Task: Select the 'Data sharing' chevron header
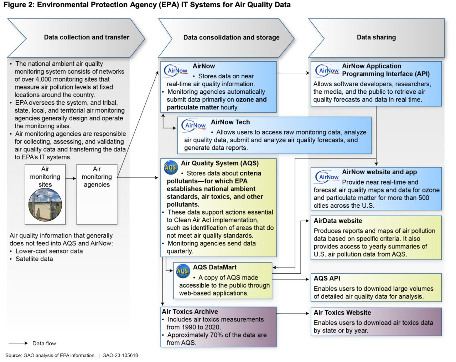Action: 376,37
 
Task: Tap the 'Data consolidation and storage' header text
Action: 231,37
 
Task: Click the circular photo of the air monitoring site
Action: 45,205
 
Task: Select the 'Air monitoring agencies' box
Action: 97,194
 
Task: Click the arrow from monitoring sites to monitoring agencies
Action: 71,178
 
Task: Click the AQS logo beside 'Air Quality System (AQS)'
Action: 171,167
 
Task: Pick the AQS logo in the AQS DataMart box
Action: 183,271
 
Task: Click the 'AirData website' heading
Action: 338,221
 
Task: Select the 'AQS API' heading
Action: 327,278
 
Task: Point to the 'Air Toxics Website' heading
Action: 342,312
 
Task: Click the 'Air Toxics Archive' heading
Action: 190,311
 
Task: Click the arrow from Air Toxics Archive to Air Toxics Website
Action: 293,313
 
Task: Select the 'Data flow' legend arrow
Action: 18,343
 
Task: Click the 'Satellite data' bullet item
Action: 34,259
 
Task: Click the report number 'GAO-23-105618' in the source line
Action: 120,355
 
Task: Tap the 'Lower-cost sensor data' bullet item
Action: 49,251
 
